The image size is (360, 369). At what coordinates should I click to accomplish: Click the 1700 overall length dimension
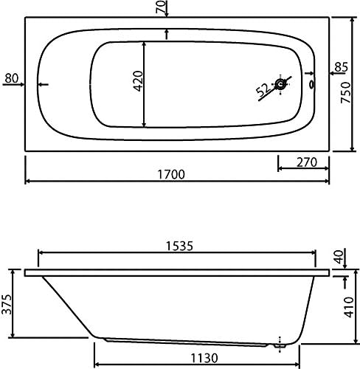[x=171, y=174]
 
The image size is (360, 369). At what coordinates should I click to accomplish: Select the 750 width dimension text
[x=345, y=92]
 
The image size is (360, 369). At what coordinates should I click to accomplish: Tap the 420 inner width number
[x=138, y=81]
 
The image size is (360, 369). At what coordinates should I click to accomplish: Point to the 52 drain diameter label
[x=263, y=89]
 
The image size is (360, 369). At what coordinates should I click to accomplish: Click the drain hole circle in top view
[x=280, y=84]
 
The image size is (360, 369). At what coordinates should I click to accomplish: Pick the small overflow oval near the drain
[x=312, y=84]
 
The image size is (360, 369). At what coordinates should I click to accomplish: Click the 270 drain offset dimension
[x=307, y=162]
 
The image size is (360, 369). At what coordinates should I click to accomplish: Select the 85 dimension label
[x=342, y=67]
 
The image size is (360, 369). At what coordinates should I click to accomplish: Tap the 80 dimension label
[x=12, y=78]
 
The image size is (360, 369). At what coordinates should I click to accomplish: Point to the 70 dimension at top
[x=162, y=7]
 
